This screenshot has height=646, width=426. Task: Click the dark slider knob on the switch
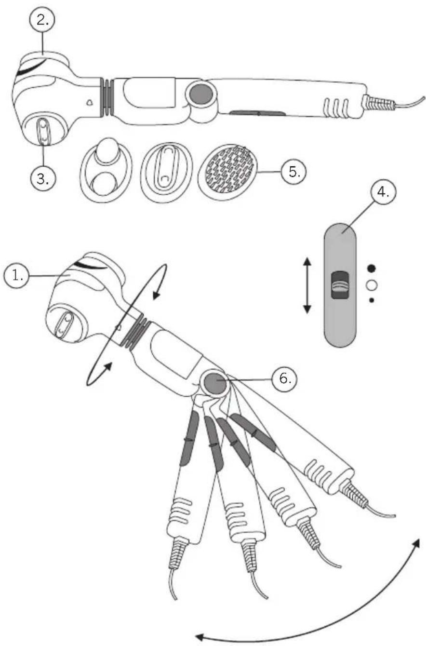pyautogui.click(x=340, y=285)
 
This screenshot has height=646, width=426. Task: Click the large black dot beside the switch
pyautogui.click(x=371, y=268)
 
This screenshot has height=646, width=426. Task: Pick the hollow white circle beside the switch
pyautogui.click(x=371, y=285)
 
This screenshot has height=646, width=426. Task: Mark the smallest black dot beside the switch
pyautogui.click(x=371, y=300)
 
